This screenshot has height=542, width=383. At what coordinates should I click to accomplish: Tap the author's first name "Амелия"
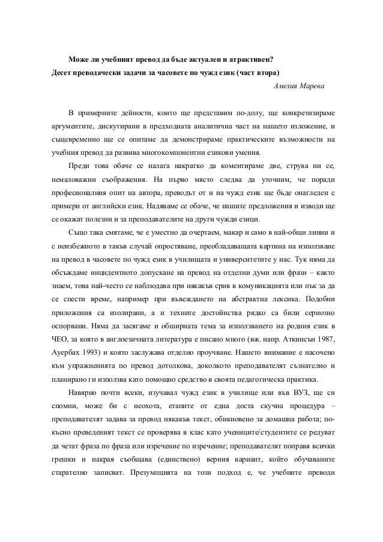point(286,86)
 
